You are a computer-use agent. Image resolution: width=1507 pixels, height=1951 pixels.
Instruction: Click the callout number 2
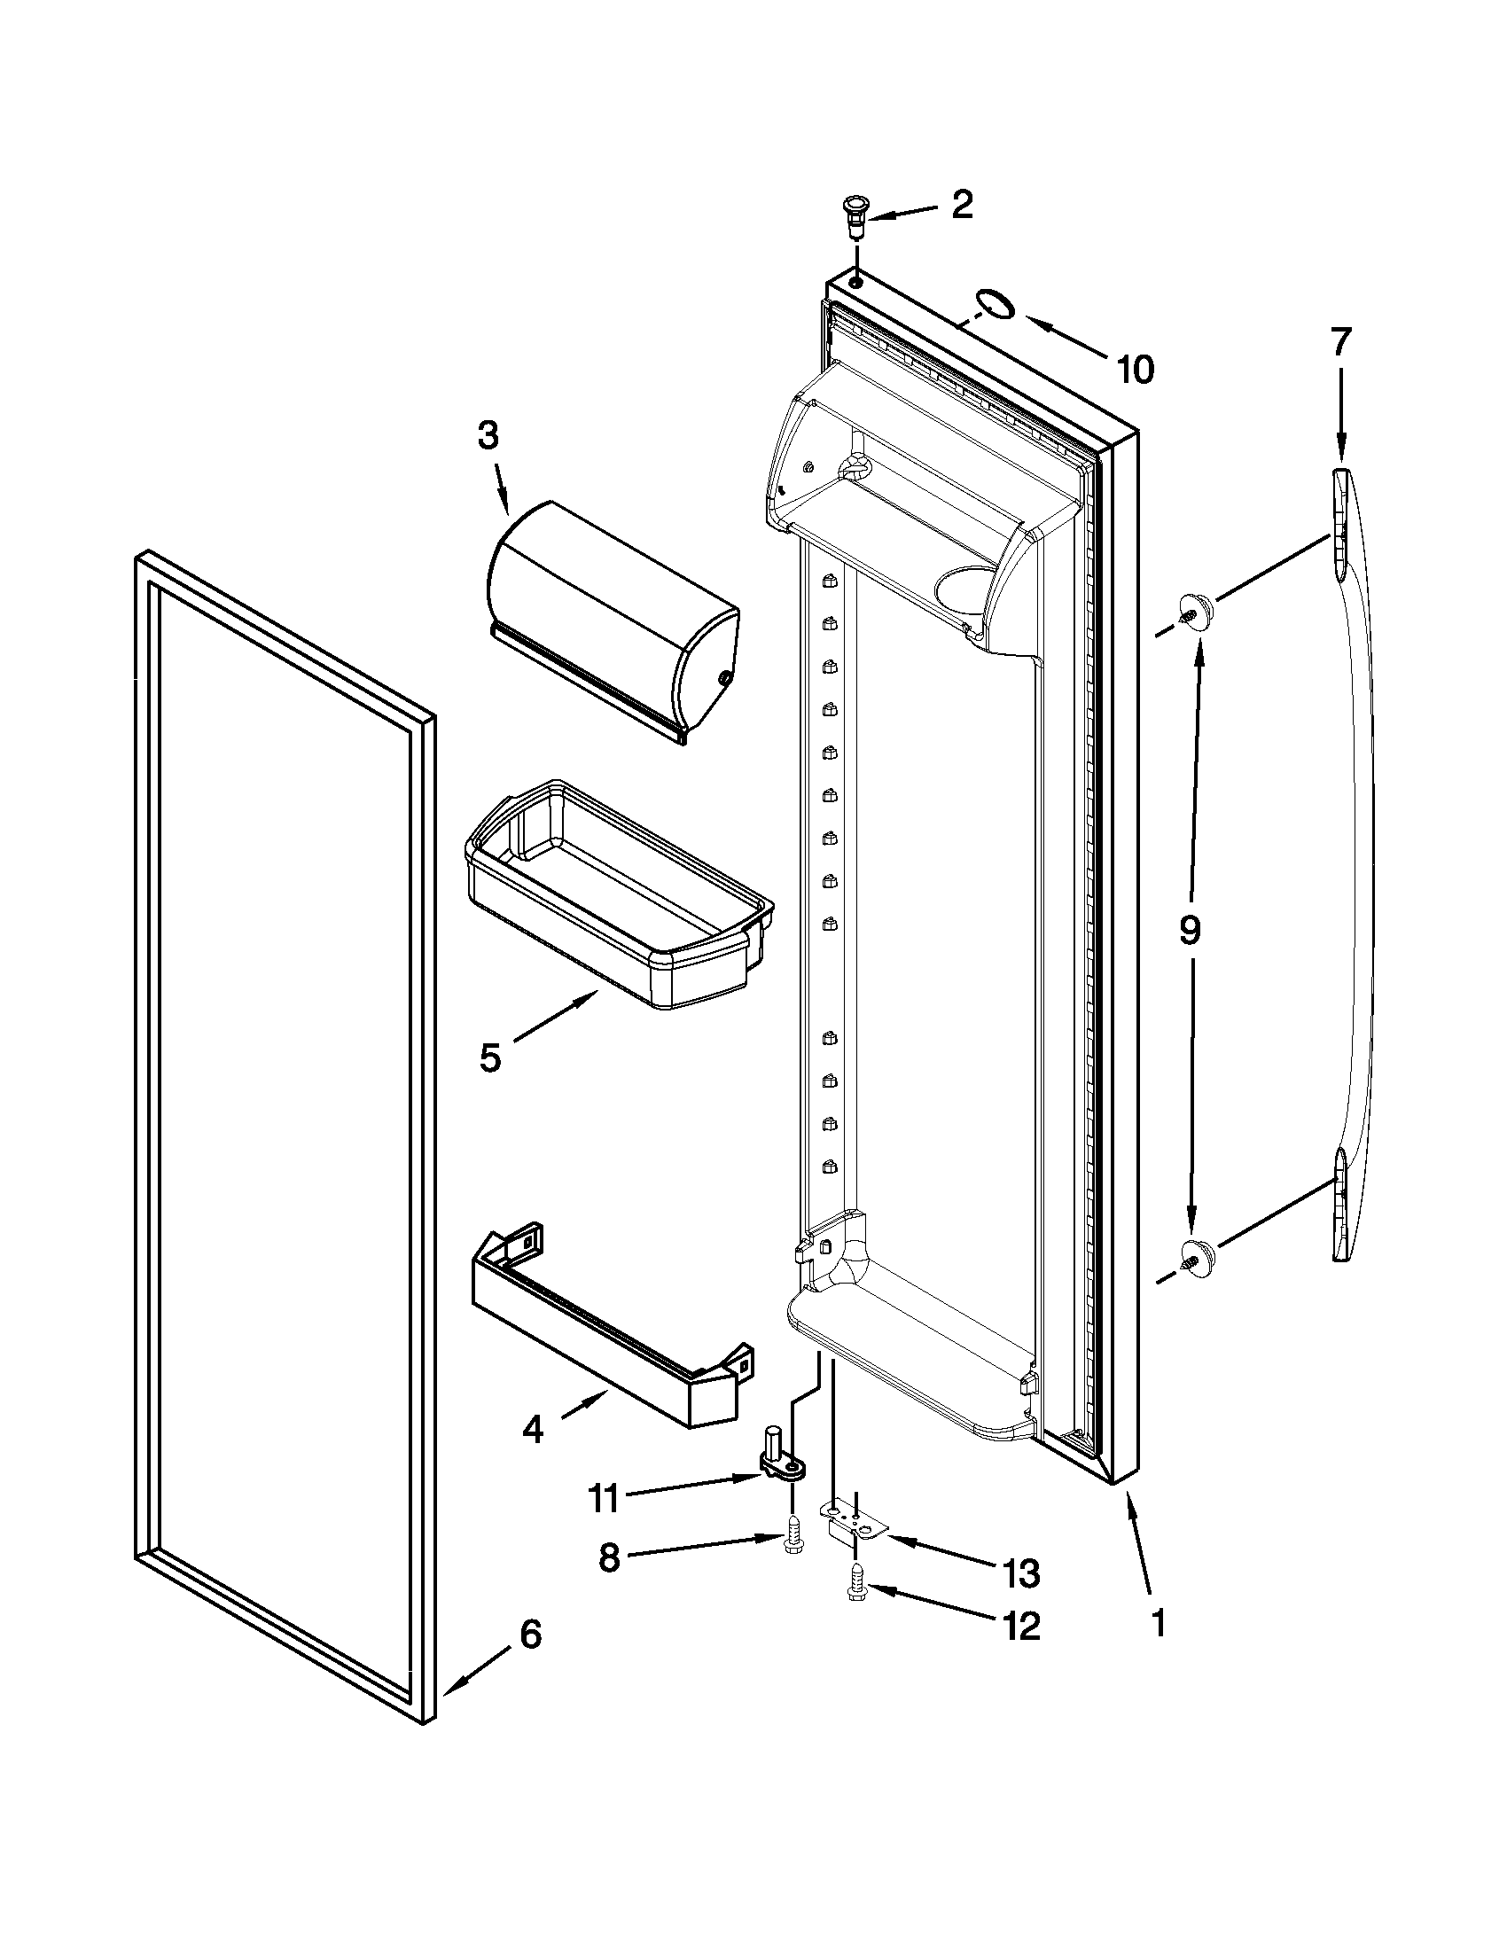click(x=961, y=206)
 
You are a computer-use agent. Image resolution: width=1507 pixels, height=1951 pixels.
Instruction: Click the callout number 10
click(x=1135, y=368)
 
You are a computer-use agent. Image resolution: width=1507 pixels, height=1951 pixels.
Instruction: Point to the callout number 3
click(x=487, y=437)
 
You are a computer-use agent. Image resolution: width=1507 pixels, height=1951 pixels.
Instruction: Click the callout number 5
click(x=489, y=1057)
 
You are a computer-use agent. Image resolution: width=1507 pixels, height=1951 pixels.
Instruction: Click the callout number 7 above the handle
click(x=1340, y=342)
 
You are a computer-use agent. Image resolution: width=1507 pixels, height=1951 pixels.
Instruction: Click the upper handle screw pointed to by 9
click(x=1194, y=611)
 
